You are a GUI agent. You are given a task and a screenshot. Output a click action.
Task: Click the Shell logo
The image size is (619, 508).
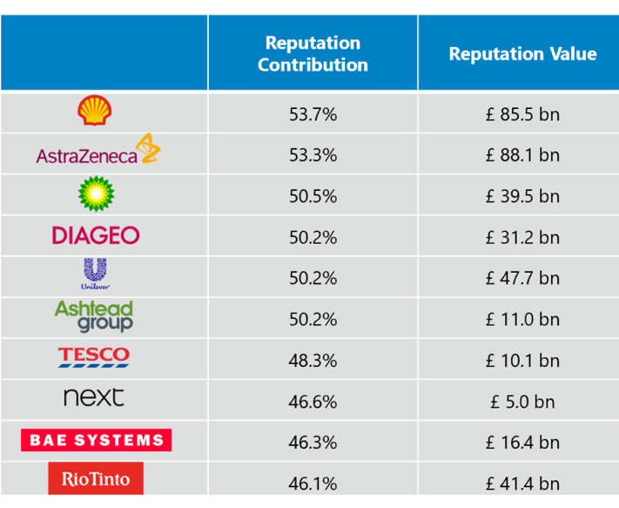(x=95, y=112)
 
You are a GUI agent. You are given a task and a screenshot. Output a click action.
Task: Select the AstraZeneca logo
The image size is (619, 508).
(x=98, y=152)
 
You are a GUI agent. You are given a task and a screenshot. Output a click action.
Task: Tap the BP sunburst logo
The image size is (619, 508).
(x=96, y=193)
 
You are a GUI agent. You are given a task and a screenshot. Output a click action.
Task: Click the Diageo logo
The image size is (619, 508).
(x=96, y=235)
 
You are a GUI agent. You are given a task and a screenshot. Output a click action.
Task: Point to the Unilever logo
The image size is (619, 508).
(x=96, y=275)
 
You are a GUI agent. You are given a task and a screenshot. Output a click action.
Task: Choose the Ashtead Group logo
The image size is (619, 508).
(x=94, y=316)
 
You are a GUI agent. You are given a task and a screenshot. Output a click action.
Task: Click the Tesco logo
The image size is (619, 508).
(x=94, y=357)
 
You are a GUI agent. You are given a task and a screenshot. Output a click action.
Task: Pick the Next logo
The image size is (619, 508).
(x=94, y=398)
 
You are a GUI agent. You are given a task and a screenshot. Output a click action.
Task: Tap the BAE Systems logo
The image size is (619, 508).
(x=96, y=440)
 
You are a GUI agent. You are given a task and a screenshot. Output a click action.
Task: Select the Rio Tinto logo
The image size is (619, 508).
(x=96, y=478)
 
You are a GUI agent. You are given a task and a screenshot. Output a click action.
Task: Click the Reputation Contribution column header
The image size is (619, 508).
(x=313, y=54)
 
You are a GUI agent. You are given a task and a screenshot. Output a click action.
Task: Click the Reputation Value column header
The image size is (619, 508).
(x=522, y=54)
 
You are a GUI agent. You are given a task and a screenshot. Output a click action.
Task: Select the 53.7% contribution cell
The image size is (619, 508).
(x=313, y=114)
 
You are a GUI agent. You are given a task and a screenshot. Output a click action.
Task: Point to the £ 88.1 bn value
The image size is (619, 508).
(x=522, y=155)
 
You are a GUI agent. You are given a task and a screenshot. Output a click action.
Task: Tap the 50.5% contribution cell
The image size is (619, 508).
(x=313, y=196)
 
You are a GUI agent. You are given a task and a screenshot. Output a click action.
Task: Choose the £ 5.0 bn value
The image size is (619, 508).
(x=522, y=402)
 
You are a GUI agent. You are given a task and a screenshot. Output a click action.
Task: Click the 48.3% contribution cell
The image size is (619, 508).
(x=313, y=361)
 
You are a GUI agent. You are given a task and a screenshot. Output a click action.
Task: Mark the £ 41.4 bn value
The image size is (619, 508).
(x=522, y=484)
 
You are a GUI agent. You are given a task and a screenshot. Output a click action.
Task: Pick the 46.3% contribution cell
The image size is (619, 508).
(x=313, y=443)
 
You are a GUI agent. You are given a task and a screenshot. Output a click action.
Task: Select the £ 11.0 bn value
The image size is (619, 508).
(x=522, y=320)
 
